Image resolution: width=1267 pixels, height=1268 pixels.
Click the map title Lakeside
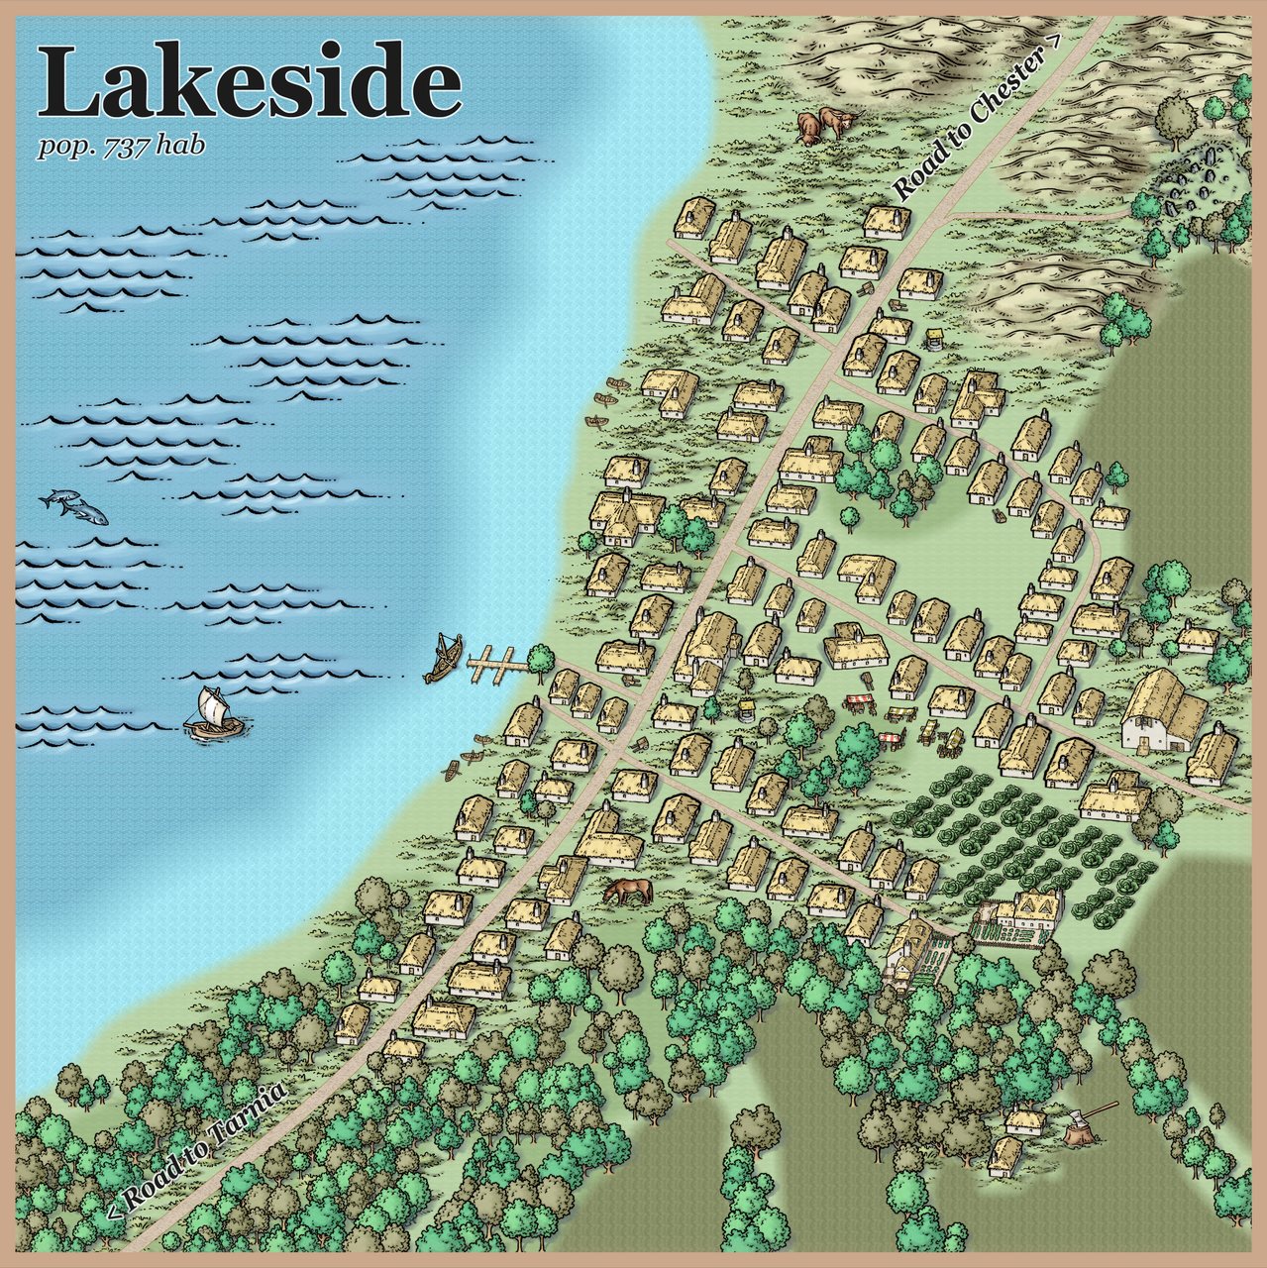point(250,82)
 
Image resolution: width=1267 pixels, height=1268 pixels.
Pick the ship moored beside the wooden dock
point(443,658)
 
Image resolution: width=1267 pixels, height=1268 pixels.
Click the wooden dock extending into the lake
point(495,664)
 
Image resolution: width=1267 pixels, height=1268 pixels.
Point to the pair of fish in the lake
point(74,506)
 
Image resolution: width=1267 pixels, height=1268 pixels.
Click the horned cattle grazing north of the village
point(822,125)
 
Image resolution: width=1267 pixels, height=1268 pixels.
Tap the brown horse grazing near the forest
point(629,891)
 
